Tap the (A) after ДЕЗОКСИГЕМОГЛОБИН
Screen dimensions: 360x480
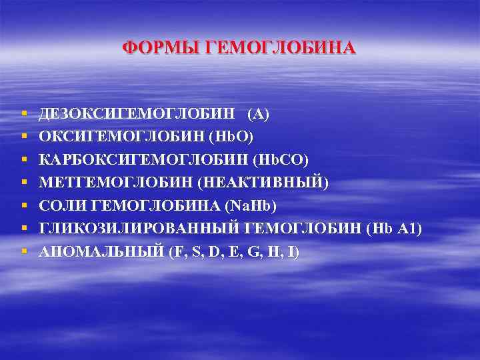[x=258, y=115]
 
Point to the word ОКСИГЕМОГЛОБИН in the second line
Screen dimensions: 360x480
[x=122, y=137]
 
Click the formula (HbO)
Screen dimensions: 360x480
[x=231, y=137]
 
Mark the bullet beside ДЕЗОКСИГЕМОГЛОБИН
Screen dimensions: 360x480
[x=24, y=115]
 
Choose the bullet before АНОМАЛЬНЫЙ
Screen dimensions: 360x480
[x=24, y=252]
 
